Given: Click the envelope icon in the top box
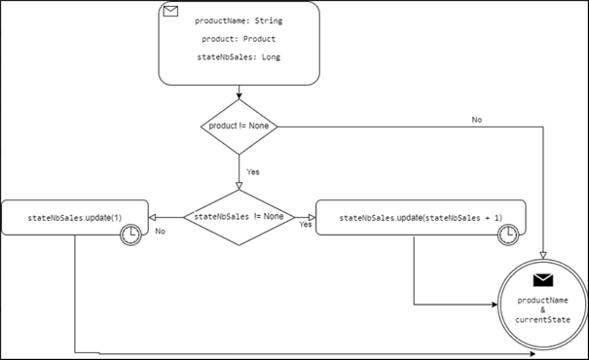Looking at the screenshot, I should click(x=172, y=13).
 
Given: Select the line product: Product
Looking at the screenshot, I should click(x=239, y=39).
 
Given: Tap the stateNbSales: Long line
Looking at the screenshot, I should click(x=239, y=59).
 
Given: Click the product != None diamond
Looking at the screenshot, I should click(x=239, y=126).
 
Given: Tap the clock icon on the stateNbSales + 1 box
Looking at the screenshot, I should click(x=508, y=234).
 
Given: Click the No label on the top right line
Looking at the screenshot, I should click(x=477, y=120).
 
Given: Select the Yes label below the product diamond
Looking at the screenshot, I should click(x=251, y=170).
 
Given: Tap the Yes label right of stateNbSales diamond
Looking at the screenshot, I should click(x=304, y=225).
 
